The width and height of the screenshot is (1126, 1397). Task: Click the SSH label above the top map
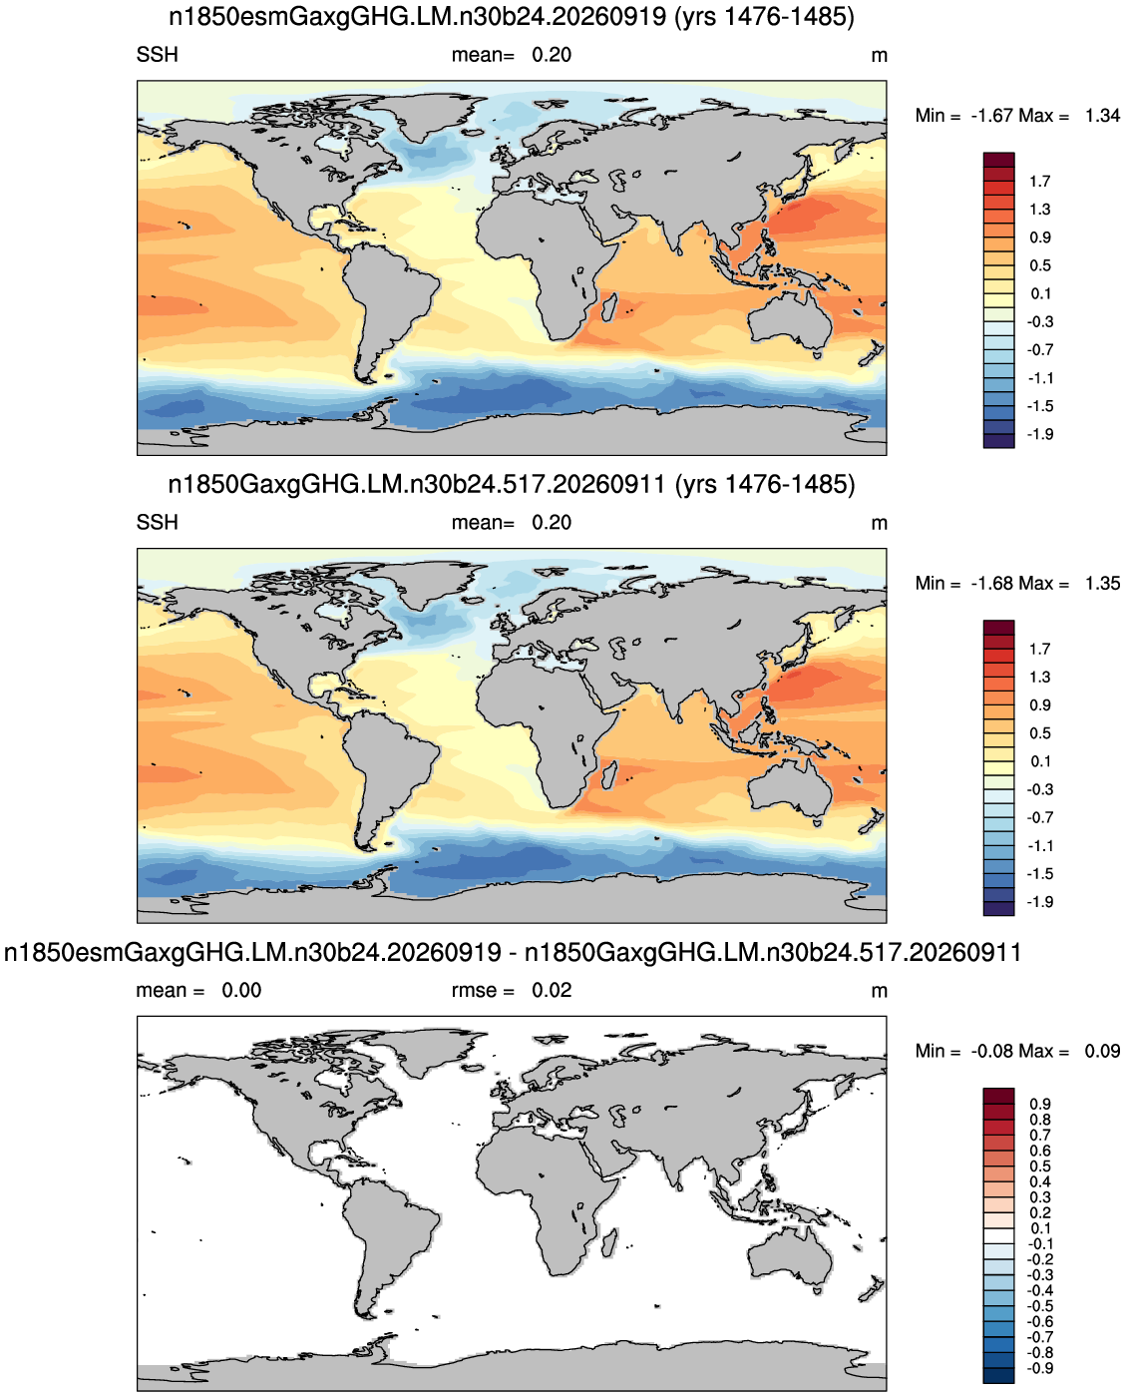coord(157,55)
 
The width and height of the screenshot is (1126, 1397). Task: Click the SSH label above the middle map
coord(157,522)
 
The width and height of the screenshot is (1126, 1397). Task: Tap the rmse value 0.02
coord(552,990)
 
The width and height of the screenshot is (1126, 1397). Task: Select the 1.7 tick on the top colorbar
coord(1039,182)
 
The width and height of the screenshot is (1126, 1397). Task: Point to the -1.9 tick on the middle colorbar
coord(1039,902)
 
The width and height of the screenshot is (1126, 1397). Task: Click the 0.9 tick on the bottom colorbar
coord(1039,1104)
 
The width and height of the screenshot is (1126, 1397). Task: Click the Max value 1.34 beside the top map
coord(1102,116)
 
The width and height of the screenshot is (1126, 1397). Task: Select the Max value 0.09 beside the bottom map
coord(1102,1051)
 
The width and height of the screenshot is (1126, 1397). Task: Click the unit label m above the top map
coord(879,56)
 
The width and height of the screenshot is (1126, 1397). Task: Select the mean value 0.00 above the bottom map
coord(241,990)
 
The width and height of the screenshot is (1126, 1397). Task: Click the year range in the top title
coord(765,17)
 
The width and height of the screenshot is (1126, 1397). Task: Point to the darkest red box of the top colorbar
coord(998,160)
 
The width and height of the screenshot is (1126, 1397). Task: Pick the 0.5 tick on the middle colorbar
coord(1039,732)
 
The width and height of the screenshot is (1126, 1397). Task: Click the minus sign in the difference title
coord(513,953)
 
